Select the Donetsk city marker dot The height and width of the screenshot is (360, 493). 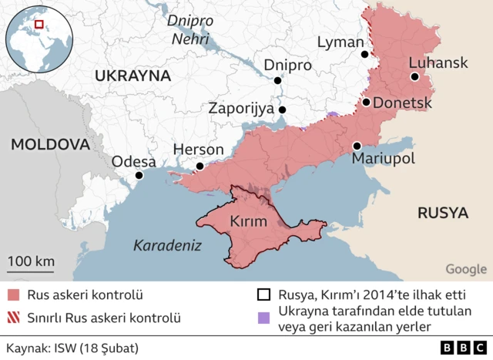[367, 102]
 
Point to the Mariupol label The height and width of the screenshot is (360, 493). [383, 159]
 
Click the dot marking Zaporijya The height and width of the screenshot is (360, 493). [283, 109]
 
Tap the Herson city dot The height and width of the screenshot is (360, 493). [200, 166]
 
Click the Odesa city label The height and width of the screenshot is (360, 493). [134, 162]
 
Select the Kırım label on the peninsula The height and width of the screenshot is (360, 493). [248, 222]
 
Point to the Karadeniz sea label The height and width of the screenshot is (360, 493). [167, 246]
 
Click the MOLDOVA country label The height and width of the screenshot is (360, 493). [51, 144]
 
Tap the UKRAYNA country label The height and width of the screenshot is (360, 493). [132, 76]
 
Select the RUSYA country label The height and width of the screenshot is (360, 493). [443, 212]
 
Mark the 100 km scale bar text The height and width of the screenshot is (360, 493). [32, 261]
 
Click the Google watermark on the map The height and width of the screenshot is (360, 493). [465, 269]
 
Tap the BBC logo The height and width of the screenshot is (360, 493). [458, 347]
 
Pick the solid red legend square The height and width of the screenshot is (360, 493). [14, 295]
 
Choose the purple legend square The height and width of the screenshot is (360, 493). [264, 318]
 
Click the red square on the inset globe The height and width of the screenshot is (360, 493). [39, 25]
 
